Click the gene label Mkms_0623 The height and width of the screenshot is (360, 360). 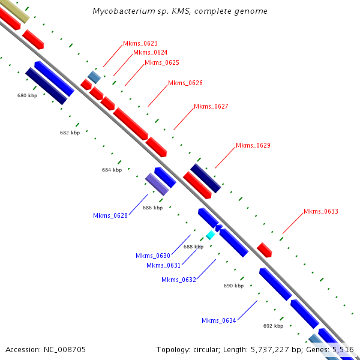140,43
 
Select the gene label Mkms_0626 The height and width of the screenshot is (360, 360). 185,83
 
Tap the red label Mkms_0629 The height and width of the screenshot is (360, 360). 253,145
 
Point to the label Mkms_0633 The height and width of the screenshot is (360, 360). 320,211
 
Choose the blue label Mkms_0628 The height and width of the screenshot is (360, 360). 110,215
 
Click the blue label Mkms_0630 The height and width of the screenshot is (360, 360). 153,256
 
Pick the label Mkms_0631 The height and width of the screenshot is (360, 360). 164,265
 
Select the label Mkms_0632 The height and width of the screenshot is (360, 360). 179,280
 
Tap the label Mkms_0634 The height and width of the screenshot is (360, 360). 219,320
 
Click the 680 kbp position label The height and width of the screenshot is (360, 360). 27,95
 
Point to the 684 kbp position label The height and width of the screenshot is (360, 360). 112,170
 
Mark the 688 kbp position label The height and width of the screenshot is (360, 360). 193,247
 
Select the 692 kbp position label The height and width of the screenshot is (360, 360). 273,326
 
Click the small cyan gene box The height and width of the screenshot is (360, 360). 210,235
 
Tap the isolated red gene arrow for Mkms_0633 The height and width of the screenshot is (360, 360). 265,250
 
